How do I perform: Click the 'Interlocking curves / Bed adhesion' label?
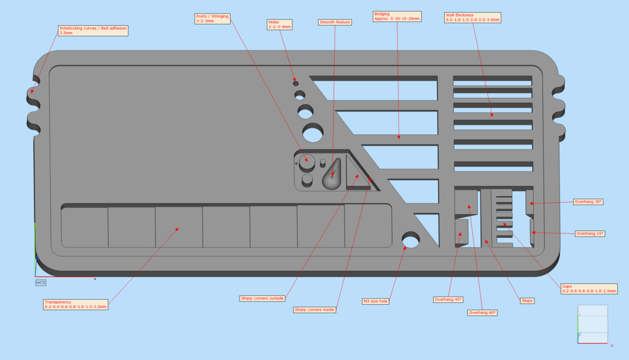(93, 31)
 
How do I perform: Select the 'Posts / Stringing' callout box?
(213, 18)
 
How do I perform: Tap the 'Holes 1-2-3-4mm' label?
(279, 25)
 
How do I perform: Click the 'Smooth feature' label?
(335, 22)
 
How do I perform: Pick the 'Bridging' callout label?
(397, 17)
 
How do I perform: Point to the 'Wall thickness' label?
(472, 18)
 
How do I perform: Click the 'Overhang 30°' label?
(588, 202)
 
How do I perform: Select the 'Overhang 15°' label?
(590, 233)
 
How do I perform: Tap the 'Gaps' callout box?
(589, 289)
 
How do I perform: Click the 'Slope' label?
(527, 300)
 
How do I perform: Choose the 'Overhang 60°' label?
(482, 313)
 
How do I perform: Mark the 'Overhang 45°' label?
(448, 299)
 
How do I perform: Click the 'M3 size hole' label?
(375, 302)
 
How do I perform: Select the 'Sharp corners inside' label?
(314, 310)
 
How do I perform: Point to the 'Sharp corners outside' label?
(262, 299)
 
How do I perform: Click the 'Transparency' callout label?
(76, 305)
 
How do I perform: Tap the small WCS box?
(41, 283)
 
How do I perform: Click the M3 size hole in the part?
(410, 240)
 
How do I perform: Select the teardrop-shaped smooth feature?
(332, 174)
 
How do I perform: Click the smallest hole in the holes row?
(295, 84)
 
